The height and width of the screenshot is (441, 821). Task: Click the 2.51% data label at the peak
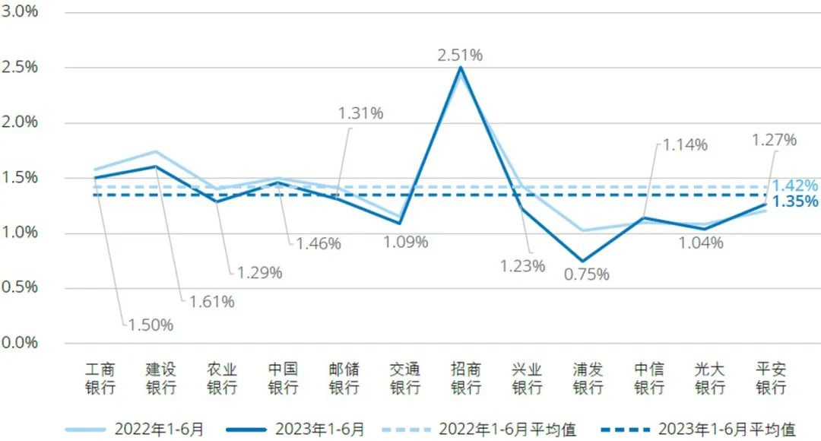[x=460, y=55]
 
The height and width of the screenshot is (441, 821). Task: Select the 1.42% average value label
[x=795, y=186]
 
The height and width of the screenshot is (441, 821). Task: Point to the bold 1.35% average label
[x=795, y=201]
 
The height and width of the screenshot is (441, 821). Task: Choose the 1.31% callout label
[x=360, y=113]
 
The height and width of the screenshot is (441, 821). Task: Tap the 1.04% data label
[x=699, y=243]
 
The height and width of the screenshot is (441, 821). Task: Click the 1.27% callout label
[x=774, y=140]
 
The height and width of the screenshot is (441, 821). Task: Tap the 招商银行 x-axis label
[x=466, y=379]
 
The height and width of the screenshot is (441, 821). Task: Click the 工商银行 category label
[x=100, y=379]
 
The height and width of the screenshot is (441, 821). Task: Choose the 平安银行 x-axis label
[x=771, y=379]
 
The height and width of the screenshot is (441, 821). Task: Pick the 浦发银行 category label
[x=588, y=379]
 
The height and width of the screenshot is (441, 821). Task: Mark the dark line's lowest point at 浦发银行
[x=582, y=261]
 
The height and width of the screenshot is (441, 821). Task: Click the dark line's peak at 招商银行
[x=461, y=68]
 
